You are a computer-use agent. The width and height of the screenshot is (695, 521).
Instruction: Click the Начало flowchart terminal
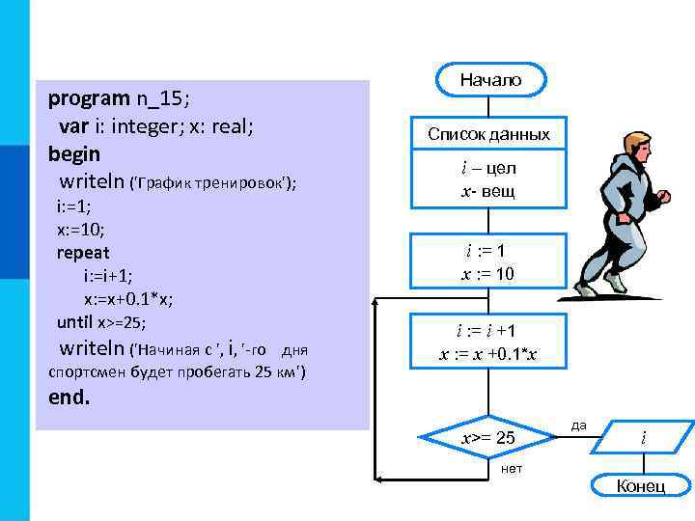tap(489, 80)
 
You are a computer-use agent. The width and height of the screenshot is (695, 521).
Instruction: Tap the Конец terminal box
tap(640, 485)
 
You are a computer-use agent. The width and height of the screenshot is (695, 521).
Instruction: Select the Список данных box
tap(488, 134)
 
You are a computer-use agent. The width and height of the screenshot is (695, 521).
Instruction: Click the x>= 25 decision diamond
tap(488, 439)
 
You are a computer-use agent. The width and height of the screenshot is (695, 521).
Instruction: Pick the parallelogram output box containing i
tap(644, 438)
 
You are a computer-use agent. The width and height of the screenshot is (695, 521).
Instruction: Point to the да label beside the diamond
tap(578, 424)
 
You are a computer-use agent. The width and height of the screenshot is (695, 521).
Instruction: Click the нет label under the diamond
tap(512, 468)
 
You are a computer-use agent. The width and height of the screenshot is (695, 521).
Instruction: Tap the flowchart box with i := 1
tap(488, 261)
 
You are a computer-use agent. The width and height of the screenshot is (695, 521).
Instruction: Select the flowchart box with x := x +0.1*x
tap(488, 343)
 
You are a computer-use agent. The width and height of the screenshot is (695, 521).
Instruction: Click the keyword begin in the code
tap(74, 153)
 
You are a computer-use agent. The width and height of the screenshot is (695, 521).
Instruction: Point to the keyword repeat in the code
tap(83, 253)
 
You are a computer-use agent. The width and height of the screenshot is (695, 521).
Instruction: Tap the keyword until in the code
tap(75, 322)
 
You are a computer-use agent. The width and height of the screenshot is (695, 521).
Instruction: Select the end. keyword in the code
tap(69, 397)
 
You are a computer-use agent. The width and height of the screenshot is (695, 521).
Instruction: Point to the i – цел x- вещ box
tap(488, 179)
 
